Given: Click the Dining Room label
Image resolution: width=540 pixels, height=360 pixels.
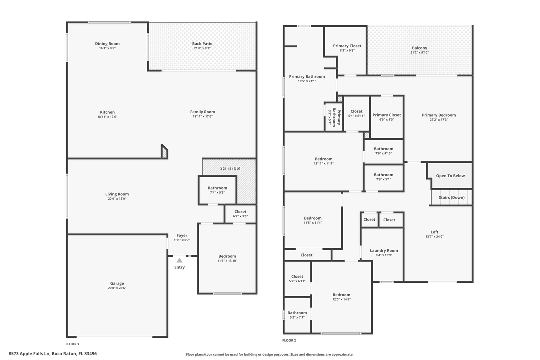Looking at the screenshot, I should [107, 44].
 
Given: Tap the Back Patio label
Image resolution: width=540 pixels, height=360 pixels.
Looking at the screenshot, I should [202, 44].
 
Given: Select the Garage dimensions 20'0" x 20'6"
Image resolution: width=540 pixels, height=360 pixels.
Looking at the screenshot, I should [117, 288].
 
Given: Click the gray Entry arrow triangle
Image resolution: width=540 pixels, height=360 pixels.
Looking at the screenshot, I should [179, 260].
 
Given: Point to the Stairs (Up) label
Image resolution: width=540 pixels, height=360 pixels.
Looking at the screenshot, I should [230, 168].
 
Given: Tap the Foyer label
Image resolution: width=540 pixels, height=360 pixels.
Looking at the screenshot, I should [182, 235].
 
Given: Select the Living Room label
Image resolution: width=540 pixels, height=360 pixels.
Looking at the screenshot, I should [117, 194].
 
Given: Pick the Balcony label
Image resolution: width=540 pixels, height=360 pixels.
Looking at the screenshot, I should [419, 48].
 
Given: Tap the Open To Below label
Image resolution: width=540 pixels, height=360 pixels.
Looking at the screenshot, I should [450, 176].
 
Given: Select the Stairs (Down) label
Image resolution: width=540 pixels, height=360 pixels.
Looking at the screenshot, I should [451, 197].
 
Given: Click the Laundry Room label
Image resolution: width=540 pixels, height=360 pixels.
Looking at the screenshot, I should [384, 251].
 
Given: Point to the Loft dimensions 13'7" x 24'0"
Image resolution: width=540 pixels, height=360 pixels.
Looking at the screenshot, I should [434, 237].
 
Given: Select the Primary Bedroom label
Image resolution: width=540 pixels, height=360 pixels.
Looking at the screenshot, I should [439, 115].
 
